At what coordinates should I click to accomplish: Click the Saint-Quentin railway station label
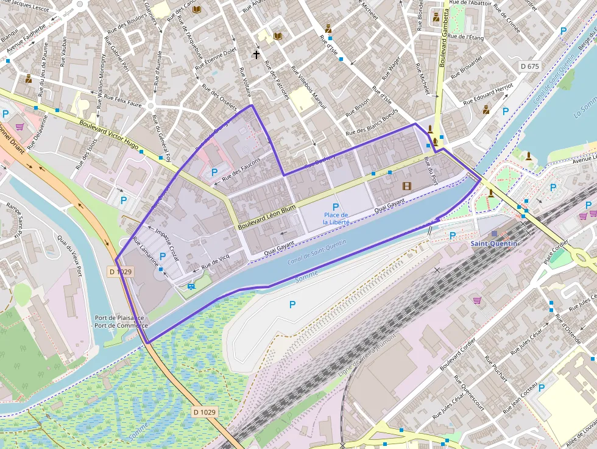click(493, 244)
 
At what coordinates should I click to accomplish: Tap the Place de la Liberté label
click(335, 219)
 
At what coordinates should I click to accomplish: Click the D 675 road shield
click(531, 65)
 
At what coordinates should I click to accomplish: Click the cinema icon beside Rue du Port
click(406, 186)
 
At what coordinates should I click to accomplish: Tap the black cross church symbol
click(256, 55)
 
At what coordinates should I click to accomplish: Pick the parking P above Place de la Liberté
click(335, 207)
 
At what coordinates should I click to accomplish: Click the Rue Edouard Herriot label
click(489, 94)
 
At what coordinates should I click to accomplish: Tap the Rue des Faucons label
click(241, 169)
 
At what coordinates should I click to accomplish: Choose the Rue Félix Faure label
click(122, 102)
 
